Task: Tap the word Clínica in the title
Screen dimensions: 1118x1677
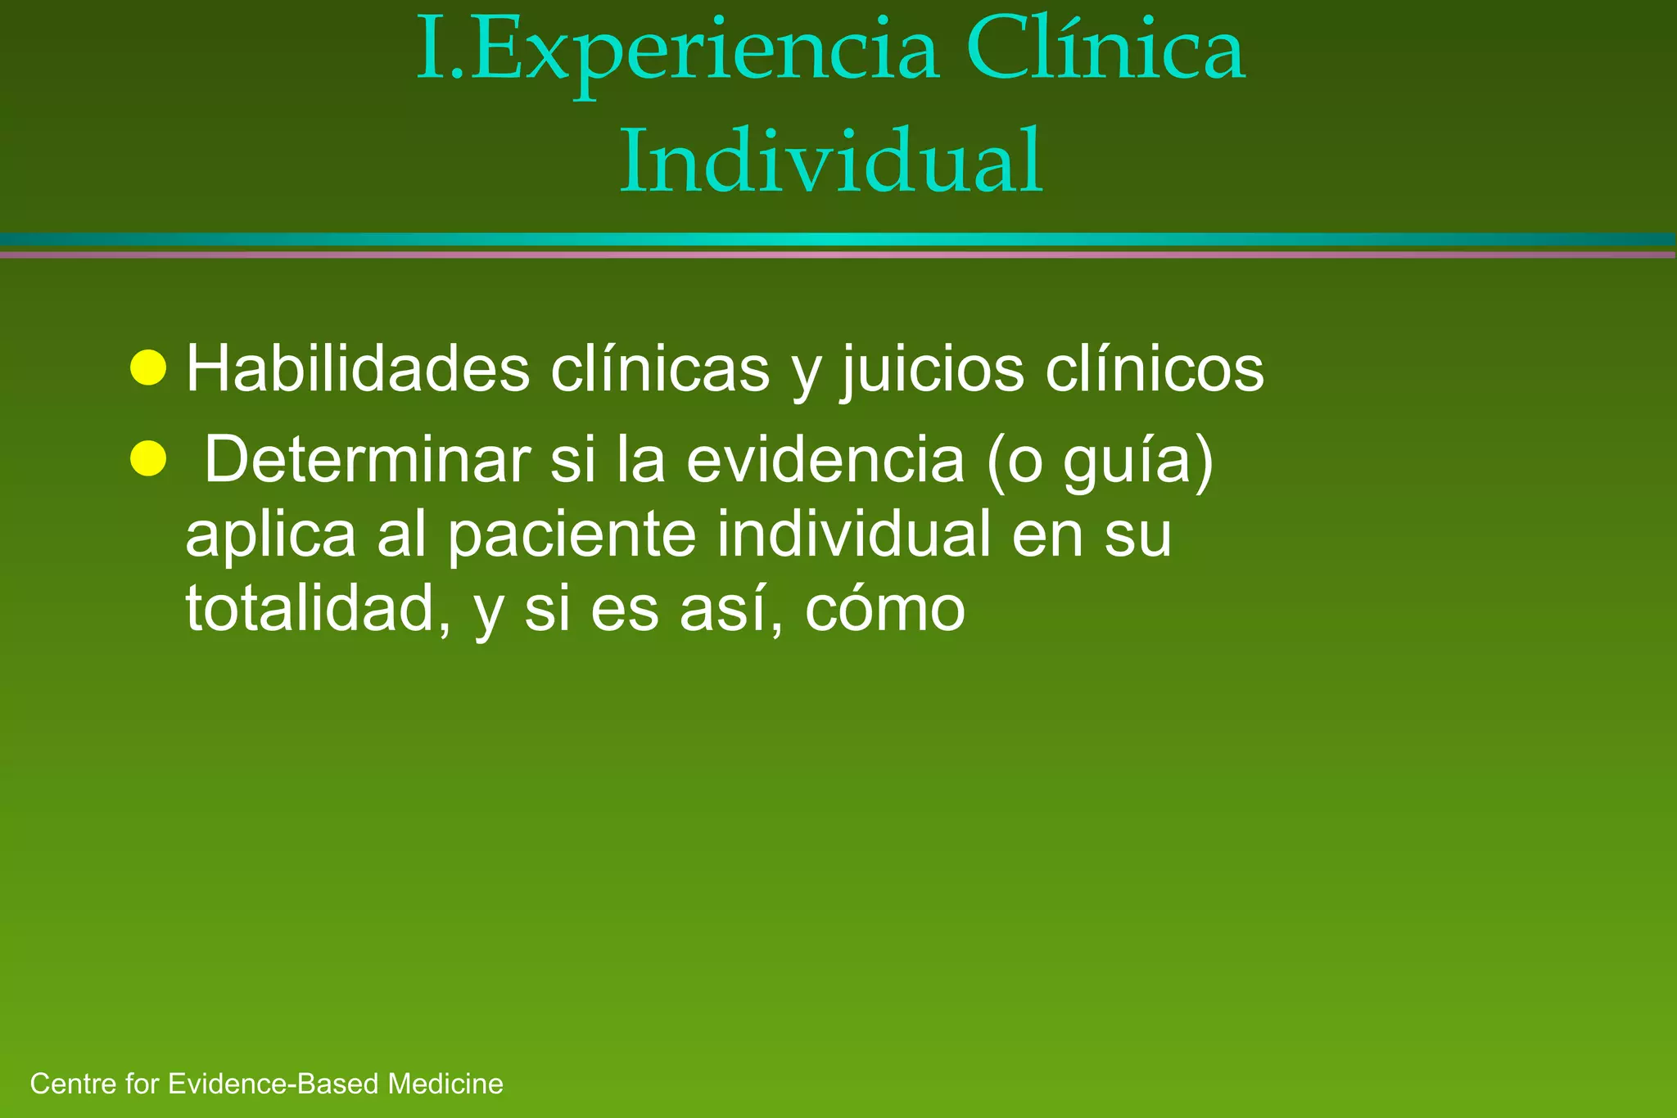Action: tap(1105, 51)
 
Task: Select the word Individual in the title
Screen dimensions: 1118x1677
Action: tap(831, 160)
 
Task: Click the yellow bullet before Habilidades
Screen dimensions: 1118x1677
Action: tap(148, 367)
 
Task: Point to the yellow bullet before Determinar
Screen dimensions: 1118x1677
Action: tap(148, 458)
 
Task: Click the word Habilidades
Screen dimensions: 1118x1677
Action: tap(358, 369)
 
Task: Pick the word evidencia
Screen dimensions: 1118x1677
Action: tap(825, 460)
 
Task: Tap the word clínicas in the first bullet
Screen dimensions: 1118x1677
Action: tap(660, 369)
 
